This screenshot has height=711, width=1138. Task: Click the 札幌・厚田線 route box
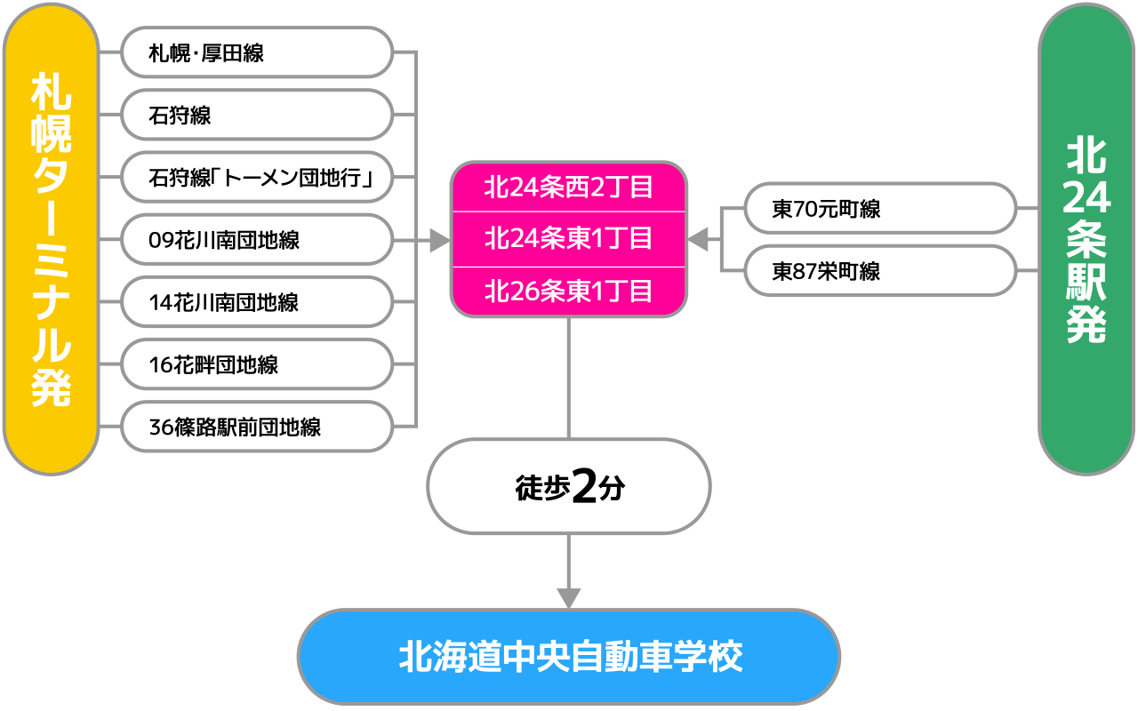point(256,52)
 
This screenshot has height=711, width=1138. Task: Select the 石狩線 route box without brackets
point(256,115)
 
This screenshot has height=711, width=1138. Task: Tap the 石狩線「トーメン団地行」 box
point(256,178)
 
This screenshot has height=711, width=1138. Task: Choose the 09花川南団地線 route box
point(256,240)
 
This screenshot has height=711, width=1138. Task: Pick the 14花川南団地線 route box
point(256,302)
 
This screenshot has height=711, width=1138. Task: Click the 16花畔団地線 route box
point(256,364)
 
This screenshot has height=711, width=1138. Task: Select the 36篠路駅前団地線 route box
point(256,427)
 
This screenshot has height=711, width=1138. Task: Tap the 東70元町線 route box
point(879,209)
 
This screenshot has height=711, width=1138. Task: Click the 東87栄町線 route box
point(879,271)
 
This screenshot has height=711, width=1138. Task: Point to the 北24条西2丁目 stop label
point(569,188)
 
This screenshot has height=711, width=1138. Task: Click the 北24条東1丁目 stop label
point(569,239)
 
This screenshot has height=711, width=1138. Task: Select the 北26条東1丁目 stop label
point(569,292)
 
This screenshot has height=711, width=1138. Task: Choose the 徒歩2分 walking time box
point(569,486)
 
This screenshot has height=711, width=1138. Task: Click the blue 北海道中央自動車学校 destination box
point(569,658)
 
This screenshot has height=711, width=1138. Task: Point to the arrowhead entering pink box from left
point(439,240)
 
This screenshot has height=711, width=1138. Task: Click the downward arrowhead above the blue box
point(569,598)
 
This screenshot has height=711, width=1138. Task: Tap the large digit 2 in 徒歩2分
point(584,486)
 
